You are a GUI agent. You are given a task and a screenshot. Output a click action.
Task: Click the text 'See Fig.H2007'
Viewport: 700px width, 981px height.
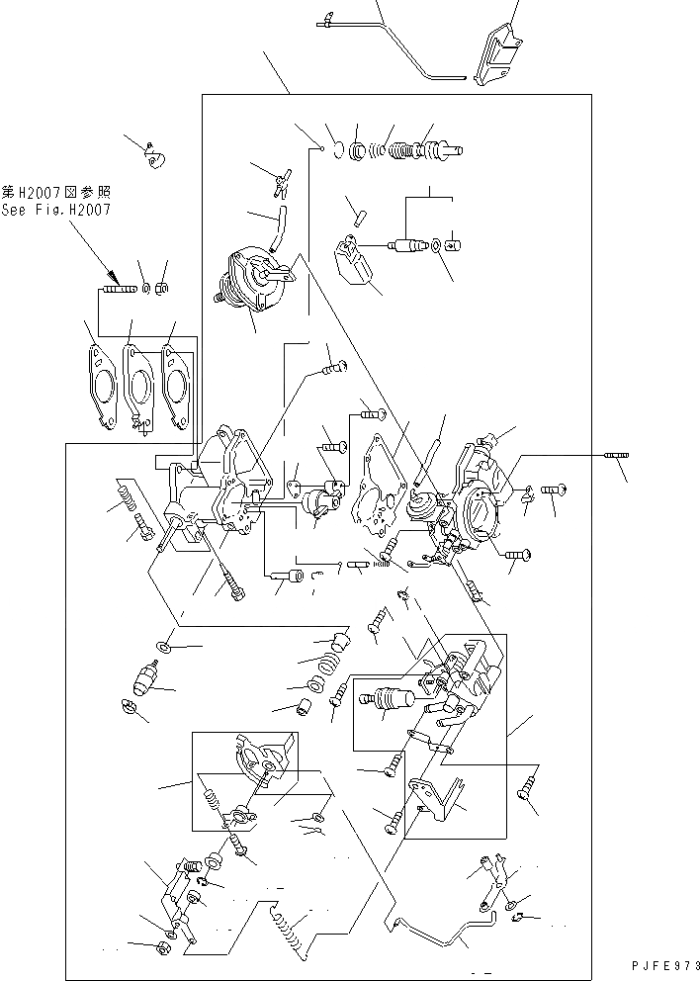click(x=56, y=210)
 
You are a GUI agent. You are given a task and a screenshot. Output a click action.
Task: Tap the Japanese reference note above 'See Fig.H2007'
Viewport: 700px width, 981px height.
click(x=55, y=194)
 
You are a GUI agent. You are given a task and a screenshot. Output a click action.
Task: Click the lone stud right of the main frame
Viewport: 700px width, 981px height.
click(x=614, y=456)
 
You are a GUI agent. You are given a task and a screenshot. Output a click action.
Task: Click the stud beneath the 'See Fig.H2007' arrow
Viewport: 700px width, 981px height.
click(x=117, y=290)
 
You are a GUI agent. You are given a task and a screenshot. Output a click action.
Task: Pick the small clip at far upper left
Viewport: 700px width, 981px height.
click(x=152, y=156)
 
